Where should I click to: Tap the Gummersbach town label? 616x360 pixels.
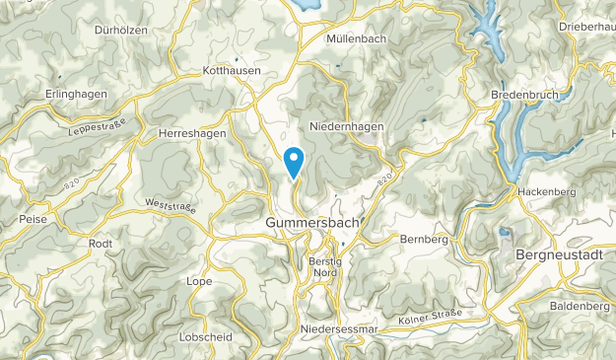[x=313, y=224]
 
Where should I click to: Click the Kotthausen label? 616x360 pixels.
[x=230, y=71]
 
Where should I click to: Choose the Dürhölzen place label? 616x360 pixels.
[x=120, y=30]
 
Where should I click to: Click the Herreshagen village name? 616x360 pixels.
[x=194, y=132]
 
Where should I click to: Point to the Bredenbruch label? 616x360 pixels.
[x=524, y=95]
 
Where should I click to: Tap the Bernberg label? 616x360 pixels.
[x=425, y=239]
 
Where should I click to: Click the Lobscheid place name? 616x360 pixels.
[x=206, y=336]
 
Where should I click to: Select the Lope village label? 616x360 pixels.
[x=199, y=281]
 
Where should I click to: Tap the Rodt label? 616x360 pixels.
[x=102, y=244]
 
